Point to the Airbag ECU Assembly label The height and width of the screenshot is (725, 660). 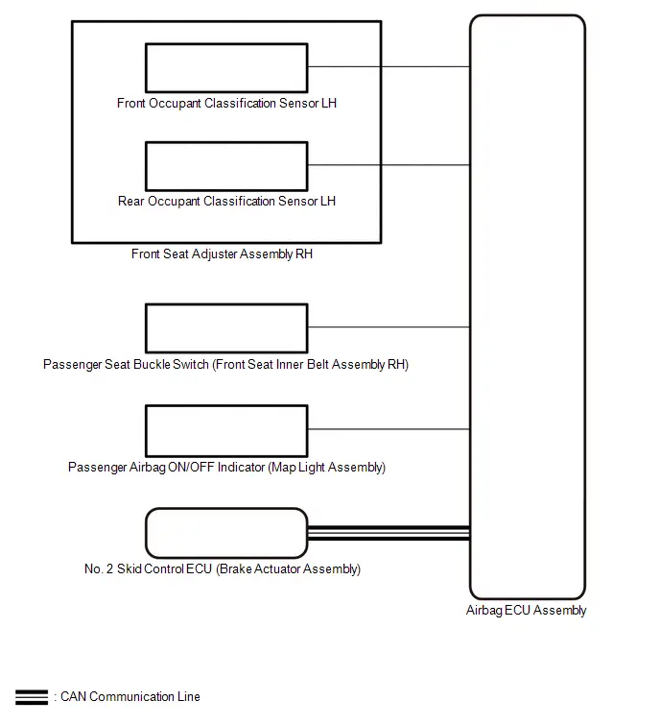coord(526,611)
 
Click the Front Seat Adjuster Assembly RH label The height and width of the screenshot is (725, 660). coord(222,254)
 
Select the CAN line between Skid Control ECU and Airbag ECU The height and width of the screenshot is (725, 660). coord(389,533)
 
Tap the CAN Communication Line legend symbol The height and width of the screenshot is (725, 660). coord(32,697)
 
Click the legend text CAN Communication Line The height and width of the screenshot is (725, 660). coord(130,697)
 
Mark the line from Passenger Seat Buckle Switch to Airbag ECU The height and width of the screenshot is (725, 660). coord(389,326)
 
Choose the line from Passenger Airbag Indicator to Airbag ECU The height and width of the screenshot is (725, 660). coord(389,429)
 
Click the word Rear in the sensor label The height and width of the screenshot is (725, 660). coord(131,201)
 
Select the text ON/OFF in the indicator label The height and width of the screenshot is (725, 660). coord(191,467)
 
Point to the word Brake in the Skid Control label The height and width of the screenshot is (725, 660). coord(236,568)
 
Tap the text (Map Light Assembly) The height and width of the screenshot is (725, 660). coord(326,467)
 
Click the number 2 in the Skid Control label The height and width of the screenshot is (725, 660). coord(109,568)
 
